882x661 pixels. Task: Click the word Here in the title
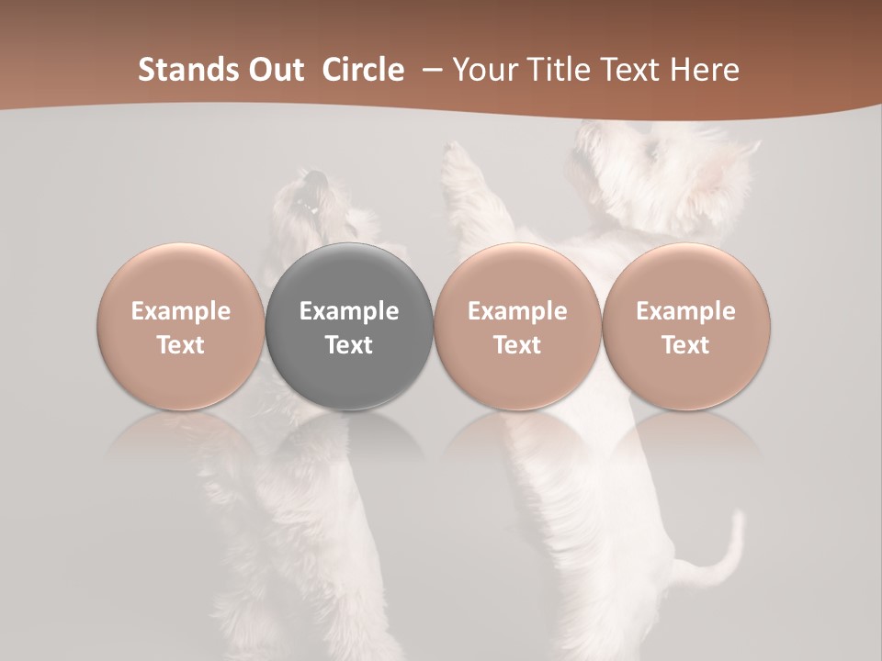point(706,70)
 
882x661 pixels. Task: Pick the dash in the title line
point(429,70)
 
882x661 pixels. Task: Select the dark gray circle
point(349,326)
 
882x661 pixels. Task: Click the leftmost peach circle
point(181,326)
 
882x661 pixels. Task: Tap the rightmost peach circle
point(686,326)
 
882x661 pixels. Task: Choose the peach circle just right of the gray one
point(517,326)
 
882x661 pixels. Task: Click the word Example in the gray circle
point(349,311)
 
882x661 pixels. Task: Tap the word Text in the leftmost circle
point(181,345)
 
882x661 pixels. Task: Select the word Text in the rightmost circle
point(686,345)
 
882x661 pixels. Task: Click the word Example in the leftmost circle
point(181,311)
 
